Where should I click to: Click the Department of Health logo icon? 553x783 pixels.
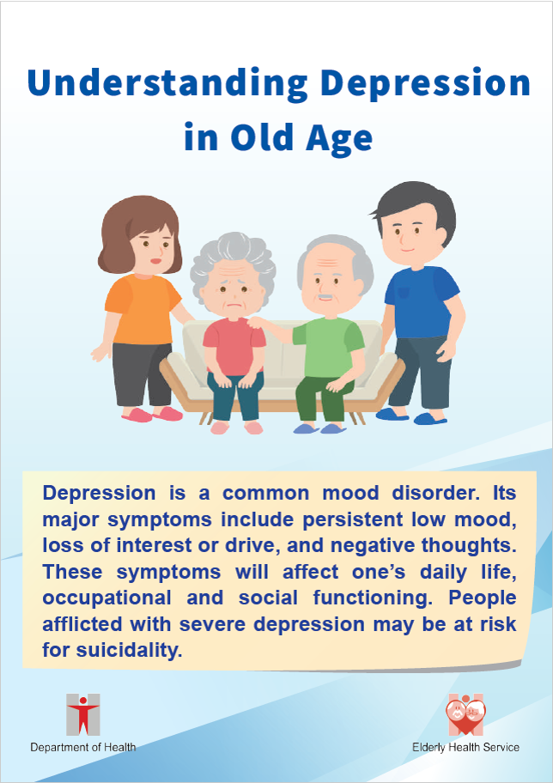click(x=83, y=714)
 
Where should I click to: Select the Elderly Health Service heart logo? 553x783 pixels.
click(x=465, y=714)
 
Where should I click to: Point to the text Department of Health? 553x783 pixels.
click(x=83, y=748)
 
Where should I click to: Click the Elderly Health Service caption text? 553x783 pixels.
click(x=465, y=748)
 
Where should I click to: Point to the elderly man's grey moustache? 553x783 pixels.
click(x=325, y=298)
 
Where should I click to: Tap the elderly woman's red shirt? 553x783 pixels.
click(x=234, y=345)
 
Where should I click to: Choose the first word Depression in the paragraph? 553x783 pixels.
click(x=99, y=494)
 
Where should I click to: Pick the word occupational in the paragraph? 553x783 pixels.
click(x=106, y=598)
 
